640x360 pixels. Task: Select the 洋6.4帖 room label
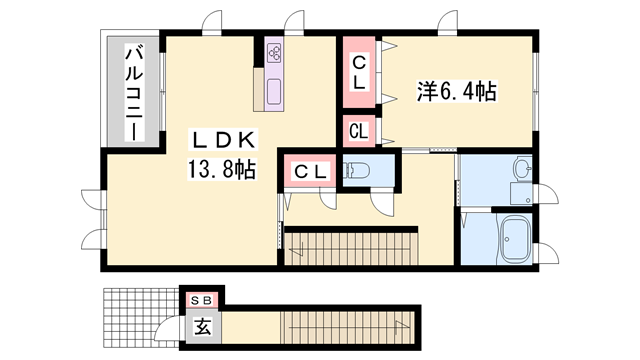[x=455, y=92]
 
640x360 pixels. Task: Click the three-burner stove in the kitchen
[x=275, y=54]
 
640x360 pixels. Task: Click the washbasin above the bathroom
[x=522, y=167]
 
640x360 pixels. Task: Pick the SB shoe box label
[x=201, y=299]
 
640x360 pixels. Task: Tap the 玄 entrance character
[x=201, y=325]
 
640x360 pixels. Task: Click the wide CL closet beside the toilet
[x=310, y=172]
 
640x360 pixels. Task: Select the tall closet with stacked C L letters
[x=357, y=72]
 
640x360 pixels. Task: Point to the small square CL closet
[x=358, y=130]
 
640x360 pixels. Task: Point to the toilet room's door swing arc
[x=383, y=200]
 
